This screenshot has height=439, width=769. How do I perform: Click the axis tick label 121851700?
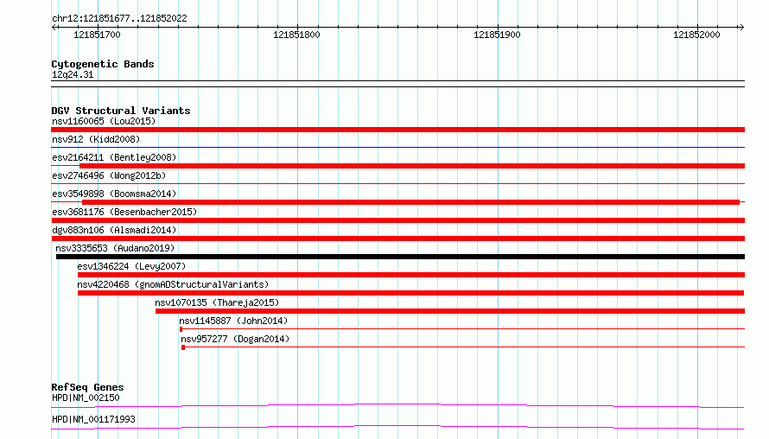click(x=97, y=35)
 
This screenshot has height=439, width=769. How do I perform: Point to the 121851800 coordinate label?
click(x=296, y=35)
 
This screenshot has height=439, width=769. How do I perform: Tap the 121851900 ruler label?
click(x=497, y=35)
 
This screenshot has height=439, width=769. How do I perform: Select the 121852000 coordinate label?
click(x=696, y=35)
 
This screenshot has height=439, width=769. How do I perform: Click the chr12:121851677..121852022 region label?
click(x=119, y=19)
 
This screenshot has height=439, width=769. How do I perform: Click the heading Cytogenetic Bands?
click(x=103, y=64)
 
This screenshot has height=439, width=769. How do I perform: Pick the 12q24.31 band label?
click(x=73, y=74)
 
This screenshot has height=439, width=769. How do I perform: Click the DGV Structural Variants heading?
click(x=121, y=111)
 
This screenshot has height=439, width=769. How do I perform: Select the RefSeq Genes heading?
click(x=87, y=387)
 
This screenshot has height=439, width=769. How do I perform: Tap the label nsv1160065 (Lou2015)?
click(x=104, y=121)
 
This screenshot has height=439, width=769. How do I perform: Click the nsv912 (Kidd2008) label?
click(x=96, y=139)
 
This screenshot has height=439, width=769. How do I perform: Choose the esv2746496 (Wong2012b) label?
click(x=109, y=175)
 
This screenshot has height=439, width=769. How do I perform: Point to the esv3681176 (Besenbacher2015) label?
click(x=124, y=212)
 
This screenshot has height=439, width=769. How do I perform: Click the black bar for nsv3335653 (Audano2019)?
click(x=400, y=257)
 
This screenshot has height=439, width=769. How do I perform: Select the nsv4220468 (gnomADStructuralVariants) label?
click(x=173, y=284)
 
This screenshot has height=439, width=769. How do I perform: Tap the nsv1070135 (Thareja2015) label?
click(x=217, y=302)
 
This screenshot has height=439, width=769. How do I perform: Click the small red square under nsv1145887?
click(x=181, y=329)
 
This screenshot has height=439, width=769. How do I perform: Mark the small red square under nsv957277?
click(x=183, y=347)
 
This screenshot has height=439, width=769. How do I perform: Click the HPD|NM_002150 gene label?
click(x=86, y=398)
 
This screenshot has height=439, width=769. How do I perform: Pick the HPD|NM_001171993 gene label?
click(x=93, y=419)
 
